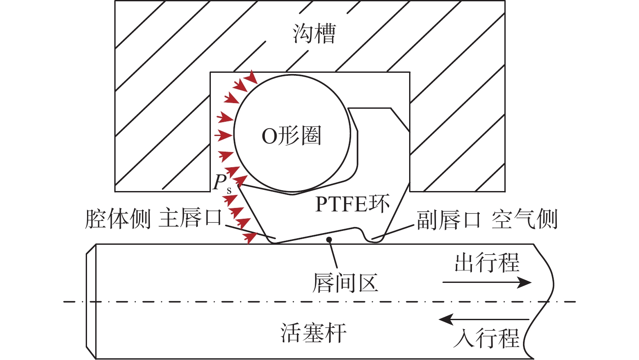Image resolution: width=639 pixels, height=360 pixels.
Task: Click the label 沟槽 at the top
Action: [314, 34]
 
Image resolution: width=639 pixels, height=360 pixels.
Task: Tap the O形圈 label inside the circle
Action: [291, 136]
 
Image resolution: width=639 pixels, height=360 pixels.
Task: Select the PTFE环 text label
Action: [352, 204]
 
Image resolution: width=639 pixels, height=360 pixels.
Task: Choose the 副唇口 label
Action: [449, 220]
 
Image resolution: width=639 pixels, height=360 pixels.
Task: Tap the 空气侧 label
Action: [524, 220]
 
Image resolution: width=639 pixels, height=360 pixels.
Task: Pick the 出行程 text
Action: [487, 263]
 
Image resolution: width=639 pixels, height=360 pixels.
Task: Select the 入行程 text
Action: [486, 338]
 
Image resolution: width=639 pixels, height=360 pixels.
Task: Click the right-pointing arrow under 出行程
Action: [487, 283]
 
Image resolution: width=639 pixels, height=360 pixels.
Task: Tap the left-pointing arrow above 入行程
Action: [484, 320]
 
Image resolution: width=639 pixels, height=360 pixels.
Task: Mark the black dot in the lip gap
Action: [329, 239]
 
